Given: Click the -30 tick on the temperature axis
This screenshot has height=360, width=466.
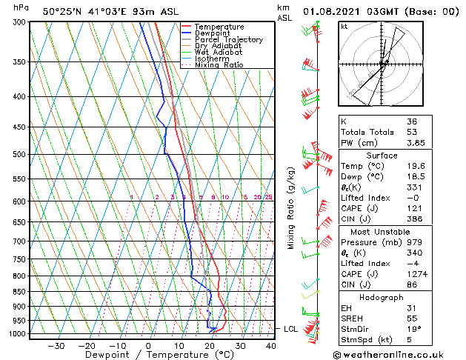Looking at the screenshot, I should [x=56, y=345].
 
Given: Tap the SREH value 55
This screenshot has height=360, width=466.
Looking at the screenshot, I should [x=412, y=319].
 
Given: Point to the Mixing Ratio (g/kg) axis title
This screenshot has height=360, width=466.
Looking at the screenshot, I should [x=291, y=207].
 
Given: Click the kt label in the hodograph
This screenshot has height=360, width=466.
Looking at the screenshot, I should [x=344, y=27].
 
